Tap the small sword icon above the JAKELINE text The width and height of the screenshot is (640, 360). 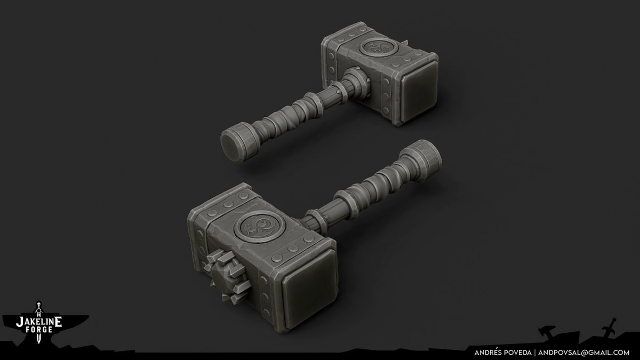(x=38, y=309)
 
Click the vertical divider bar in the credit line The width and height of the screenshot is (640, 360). (x=534, y=352)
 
